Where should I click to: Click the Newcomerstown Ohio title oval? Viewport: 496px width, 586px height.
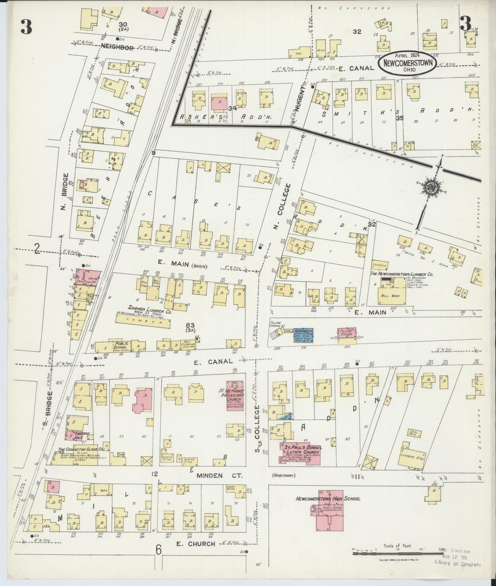coord(408,63)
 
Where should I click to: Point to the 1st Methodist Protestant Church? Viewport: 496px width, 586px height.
coord(235,395)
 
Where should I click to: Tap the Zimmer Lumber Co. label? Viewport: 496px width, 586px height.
coord(144,308)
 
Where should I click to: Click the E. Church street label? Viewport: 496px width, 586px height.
coord(195,544)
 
